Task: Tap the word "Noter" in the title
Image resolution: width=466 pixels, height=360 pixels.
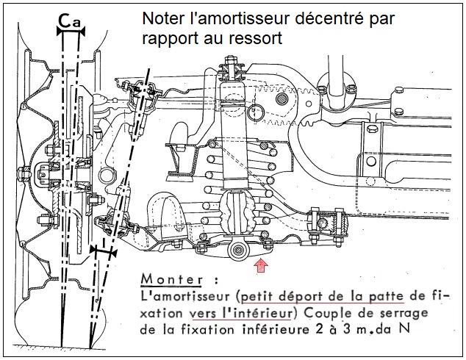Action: (x=160, y=19)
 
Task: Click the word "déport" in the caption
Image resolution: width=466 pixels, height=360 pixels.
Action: (x=296, y=298)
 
